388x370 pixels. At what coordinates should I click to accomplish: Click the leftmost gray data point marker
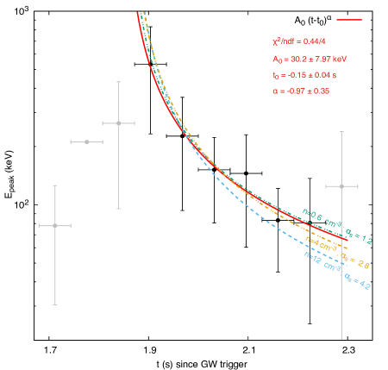tap(54, 225)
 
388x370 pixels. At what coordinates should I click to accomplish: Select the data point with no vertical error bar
tap(86, 141)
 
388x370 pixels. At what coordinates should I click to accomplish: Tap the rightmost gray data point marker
tap(342, 186)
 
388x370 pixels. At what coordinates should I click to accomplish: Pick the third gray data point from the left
tap(118, 122)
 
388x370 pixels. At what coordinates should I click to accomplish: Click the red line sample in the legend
tap(348, 19)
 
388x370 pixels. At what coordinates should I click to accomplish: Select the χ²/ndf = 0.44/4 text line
tap(298, 41)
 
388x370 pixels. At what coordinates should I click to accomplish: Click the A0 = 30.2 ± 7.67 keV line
tap(309, 59)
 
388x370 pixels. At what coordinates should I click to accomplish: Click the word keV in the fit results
tap(338, 59)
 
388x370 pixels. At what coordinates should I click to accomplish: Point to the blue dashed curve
tap(259, 212)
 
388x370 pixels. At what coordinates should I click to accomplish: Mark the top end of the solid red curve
tap(138, 13)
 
